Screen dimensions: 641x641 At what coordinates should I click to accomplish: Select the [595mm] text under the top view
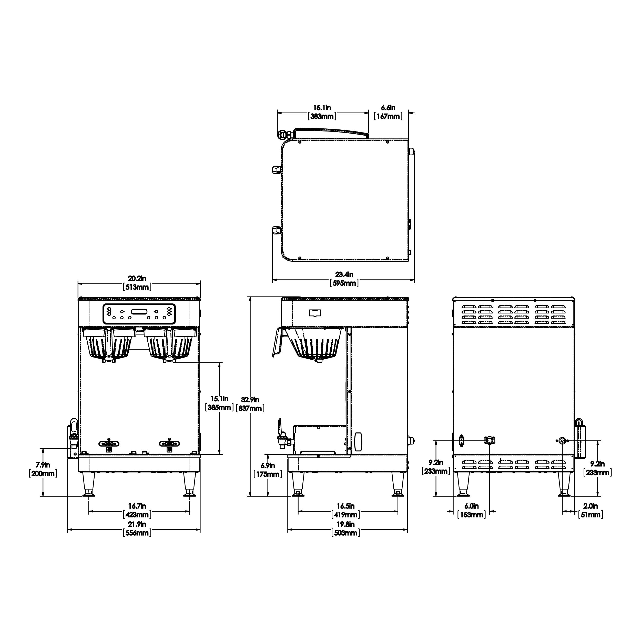[344, 283]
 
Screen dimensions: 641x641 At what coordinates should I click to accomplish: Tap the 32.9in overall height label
[250, 400]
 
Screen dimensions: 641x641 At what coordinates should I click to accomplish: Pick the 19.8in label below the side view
[345, 524]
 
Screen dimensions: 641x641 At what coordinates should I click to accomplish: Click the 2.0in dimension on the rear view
[591, 506]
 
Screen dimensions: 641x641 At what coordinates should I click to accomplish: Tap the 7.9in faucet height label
[43, 465]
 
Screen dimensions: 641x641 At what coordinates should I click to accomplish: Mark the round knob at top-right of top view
[411, 152]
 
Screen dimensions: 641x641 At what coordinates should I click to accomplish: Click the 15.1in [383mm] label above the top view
[322, 112]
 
